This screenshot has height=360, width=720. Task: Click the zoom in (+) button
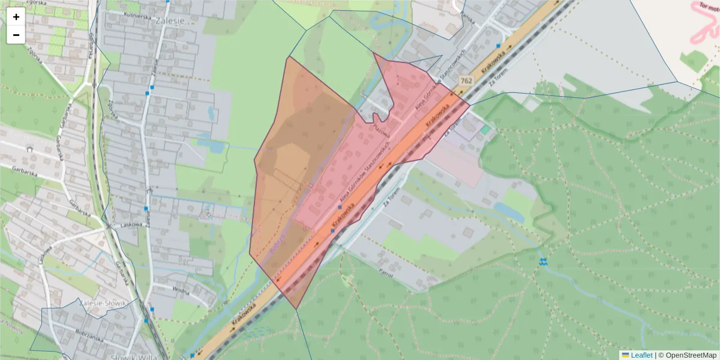pos(16,17)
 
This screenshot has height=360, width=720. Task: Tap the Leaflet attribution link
pos(641,355)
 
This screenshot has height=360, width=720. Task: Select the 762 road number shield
pos(466,80)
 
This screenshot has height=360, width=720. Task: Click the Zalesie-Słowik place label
pos(103,303)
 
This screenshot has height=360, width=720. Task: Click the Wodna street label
pos(179,290)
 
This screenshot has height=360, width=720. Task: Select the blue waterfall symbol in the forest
pos(543,262)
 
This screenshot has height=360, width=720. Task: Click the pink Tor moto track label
pos(709,11)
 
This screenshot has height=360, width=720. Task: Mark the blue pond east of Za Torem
pos(508,212)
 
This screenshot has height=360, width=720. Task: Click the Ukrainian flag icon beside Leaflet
pos(625,355)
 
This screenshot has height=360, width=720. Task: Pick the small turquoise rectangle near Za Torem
pos(485,130)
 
